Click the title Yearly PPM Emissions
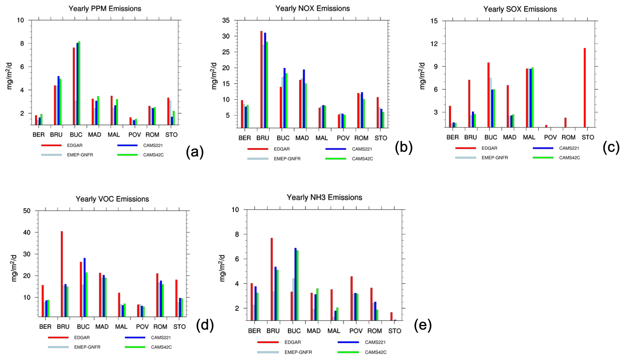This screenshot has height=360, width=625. pos(105,9)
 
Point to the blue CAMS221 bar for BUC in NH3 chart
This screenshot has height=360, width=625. pos(295,284)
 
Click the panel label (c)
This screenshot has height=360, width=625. pos(611,148)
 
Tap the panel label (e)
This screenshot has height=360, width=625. pos(423,325)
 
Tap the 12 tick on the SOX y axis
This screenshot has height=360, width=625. pos(434,44)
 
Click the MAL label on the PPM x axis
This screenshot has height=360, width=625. pos(114,135)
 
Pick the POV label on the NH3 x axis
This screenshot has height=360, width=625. pos(356,331)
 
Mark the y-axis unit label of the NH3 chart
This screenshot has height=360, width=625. pos(222,268)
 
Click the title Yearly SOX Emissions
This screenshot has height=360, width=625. pos(520,9)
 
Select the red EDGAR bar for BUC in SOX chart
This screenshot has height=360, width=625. pos(488,95)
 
